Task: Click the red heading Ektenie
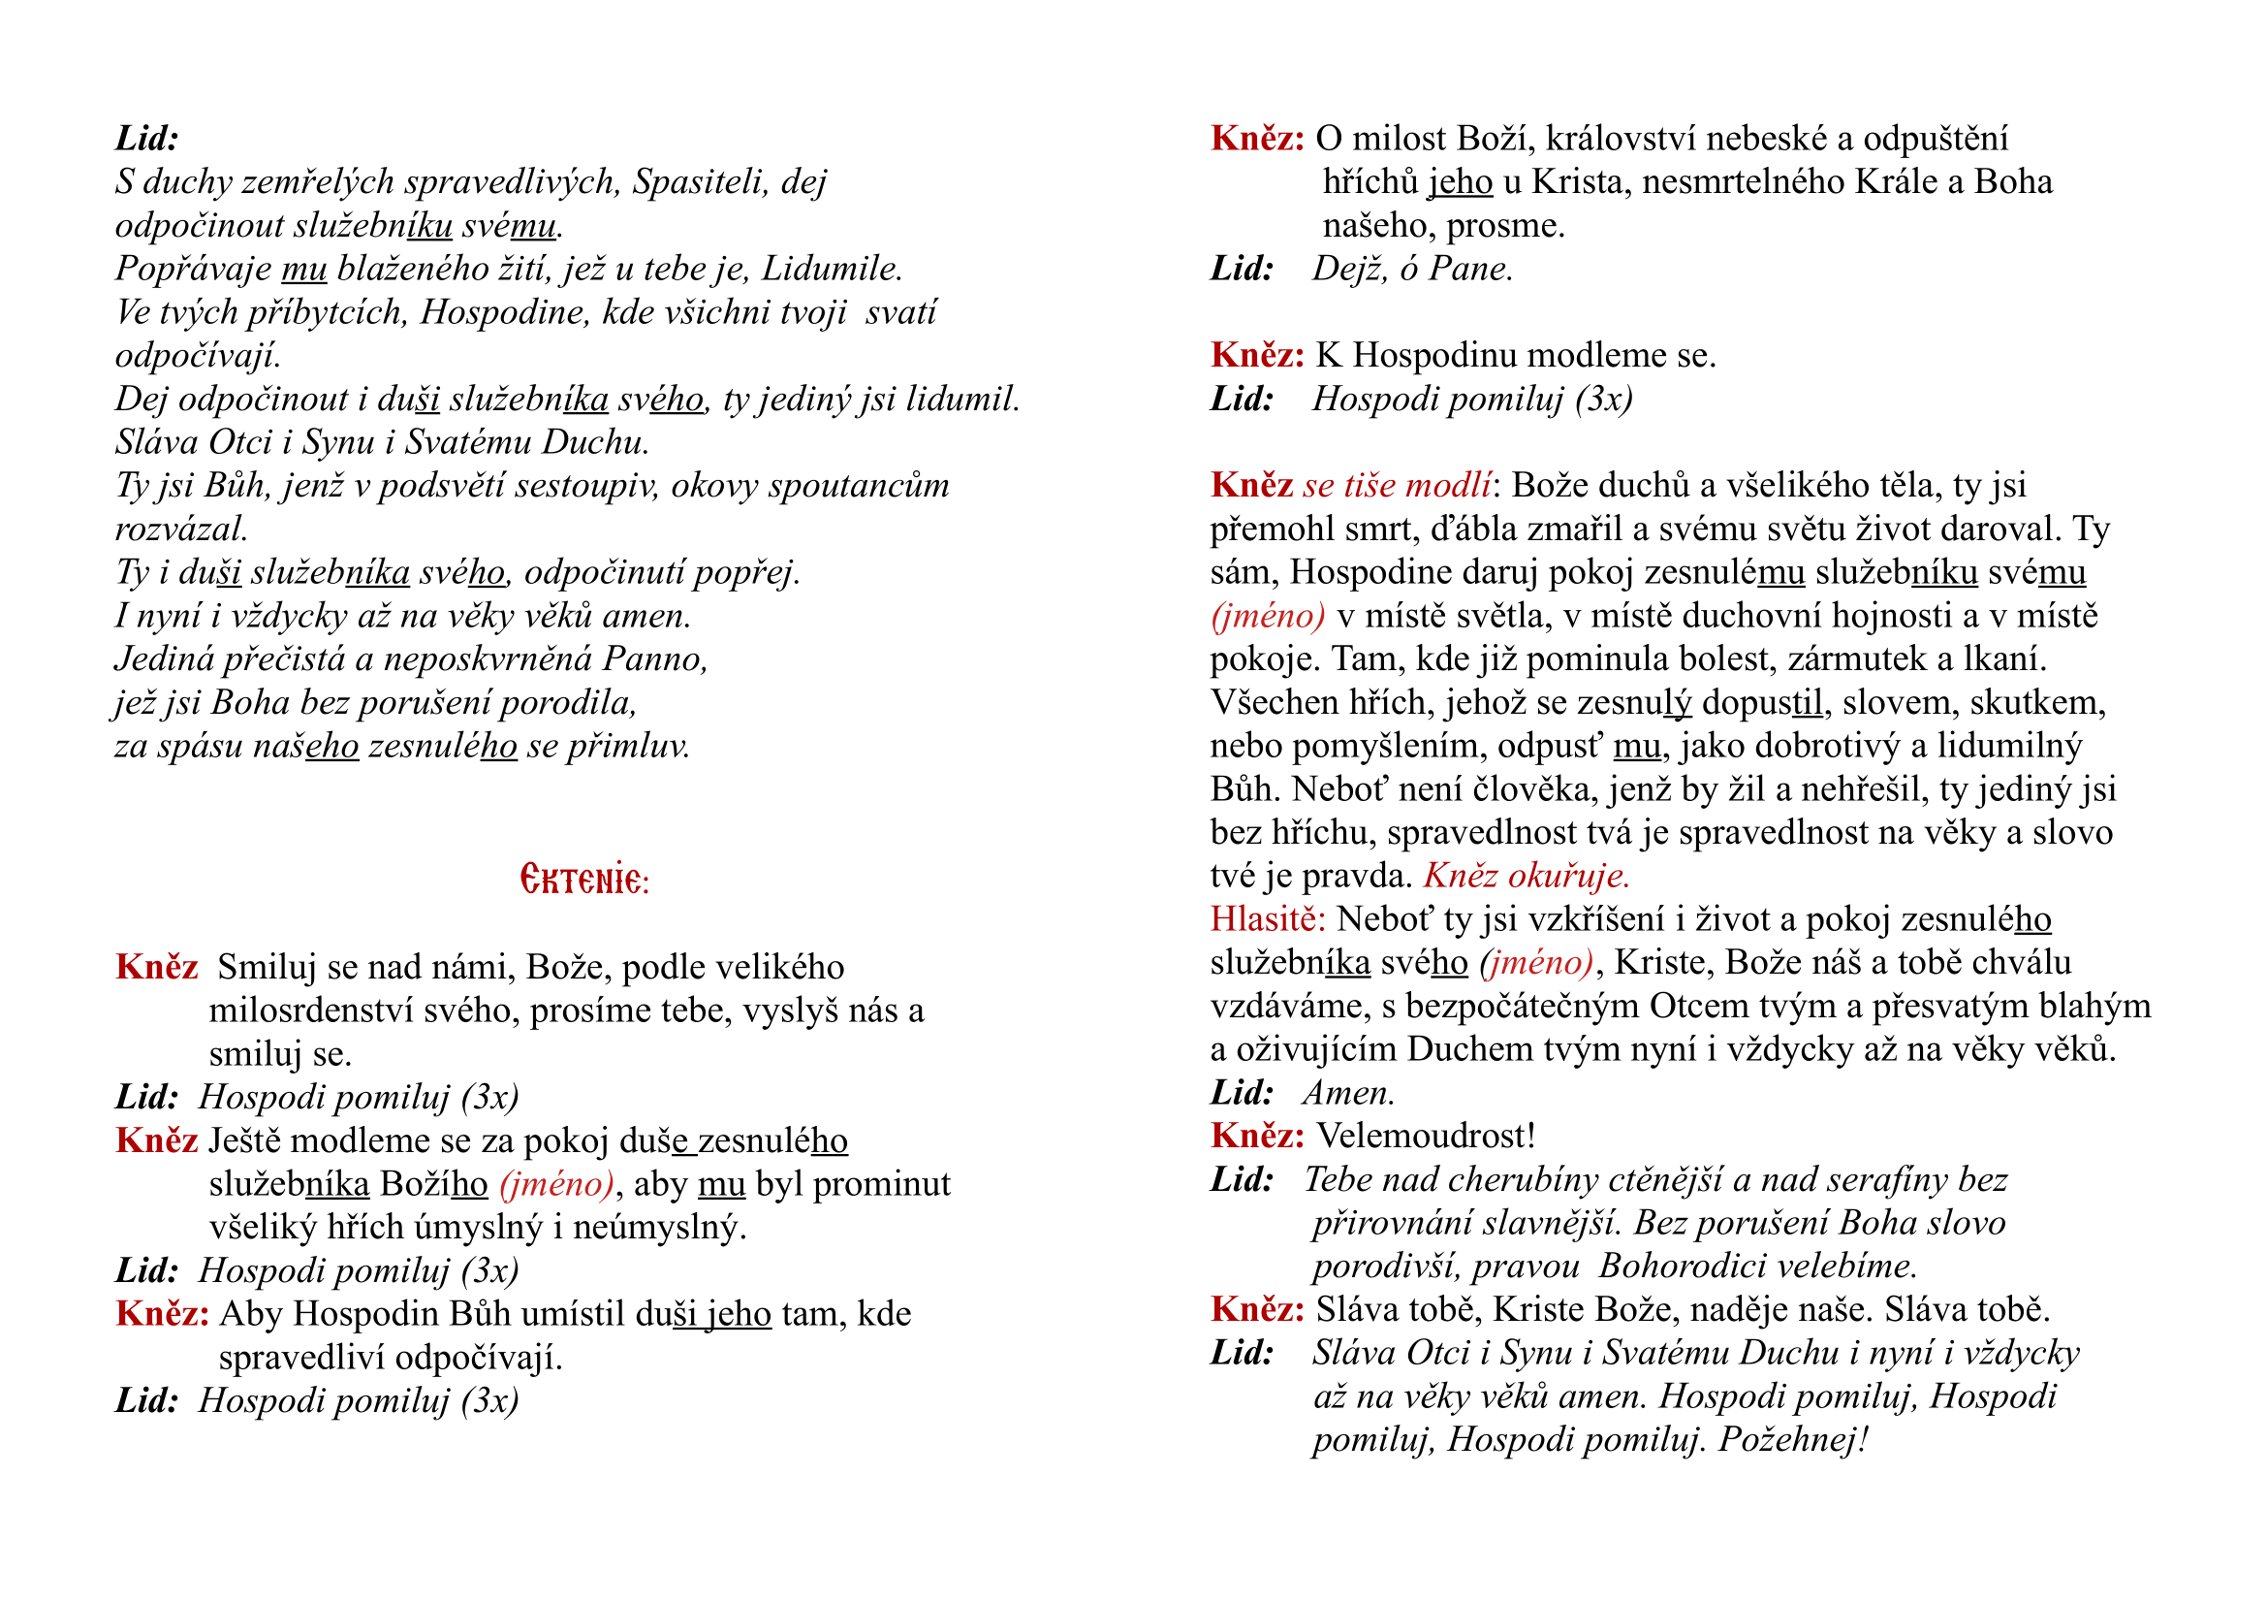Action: point(584,878)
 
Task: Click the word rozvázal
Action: point(180,529)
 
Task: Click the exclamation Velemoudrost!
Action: point(1426,1136)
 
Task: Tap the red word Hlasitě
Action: point(1268,919)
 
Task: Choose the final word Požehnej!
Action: point(1793,1440)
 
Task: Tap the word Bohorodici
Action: point(1696,1267)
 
